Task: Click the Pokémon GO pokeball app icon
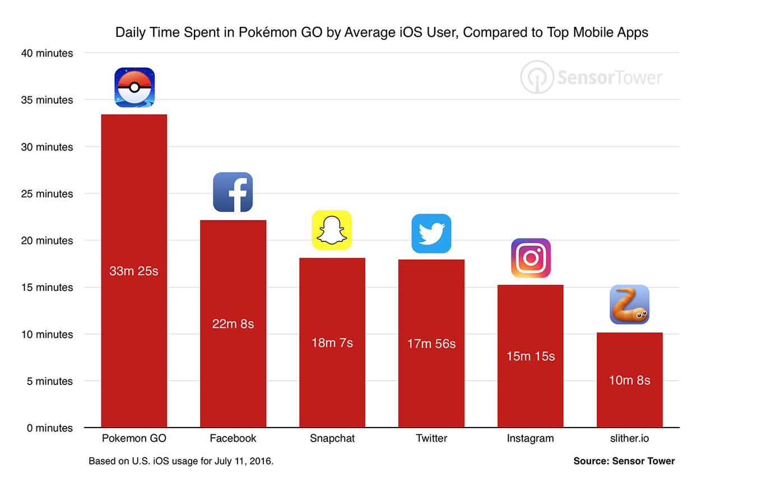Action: click(x=134, y=87)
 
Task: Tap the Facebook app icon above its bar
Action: click(x=233, y=192)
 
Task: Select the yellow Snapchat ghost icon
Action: click(x=332, y=230)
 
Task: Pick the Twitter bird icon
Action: click(x=431, y=234)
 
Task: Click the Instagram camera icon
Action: click(x=531, y=258)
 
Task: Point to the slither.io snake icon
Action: click(x=629, y=305)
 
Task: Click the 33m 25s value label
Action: click(x=134, y=271)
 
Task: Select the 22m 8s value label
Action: click(x=233, y=324)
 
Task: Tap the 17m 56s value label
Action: click(x=431, y=344)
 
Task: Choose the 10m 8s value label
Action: click(x=629, y=380)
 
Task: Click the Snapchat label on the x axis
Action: click(x=332, y=438)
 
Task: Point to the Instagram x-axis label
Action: click(x=530, y=438)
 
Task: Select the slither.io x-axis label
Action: click(x=629, y=438)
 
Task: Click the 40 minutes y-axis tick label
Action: click(x=47, y=53)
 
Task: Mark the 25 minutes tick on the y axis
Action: click(x=47, y=194)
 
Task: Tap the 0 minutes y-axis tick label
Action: click(x=49, y=428)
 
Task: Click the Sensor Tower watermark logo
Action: click(x=592, y=77)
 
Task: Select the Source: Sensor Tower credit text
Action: click(x=624, y=461)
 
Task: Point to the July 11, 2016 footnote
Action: click(x=181, y=461)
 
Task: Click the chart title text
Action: click(x=382, y=32)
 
